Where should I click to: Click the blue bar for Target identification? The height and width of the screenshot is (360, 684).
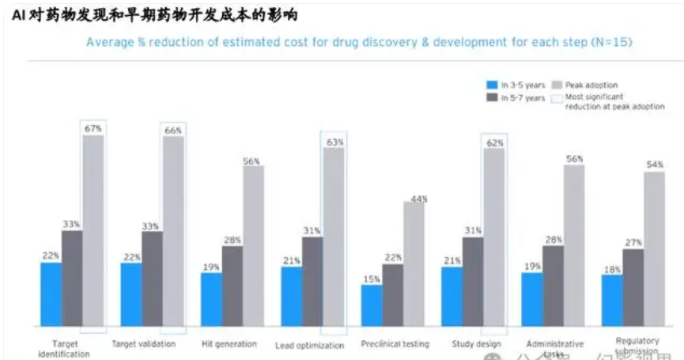click(51, 294)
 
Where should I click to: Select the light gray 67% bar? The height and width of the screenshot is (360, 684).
click(93, 230)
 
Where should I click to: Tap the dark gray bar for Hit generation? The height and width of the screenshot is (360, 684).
click(232, 286)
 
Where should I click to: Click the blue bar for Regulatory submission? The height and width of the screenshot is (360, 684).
click(612, 301)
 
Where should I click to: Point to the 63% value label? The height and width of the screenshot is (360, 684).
click(334, 142)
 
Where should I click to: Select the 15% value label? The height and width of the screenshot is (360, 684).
click(371, 279)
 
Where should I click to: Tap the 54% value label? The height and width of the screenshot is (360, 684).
click(655, 165)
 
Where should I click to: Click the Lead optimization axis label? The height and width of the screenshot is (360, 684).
click(309, 346)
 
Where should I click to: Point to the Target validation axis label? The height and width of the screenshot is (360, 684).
click(144, 344)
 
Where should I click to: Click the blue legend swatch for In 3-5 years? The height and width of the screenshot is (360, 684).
click(492, 85)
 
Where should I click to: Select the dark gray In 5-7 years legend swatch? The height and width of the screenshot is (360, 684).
click(492, 97)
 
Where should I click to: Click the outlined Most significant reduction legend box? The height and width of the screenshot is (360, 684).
click(557, 98)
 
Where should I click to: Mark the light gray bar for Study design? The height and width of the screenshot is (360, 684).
click(493, 237)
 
